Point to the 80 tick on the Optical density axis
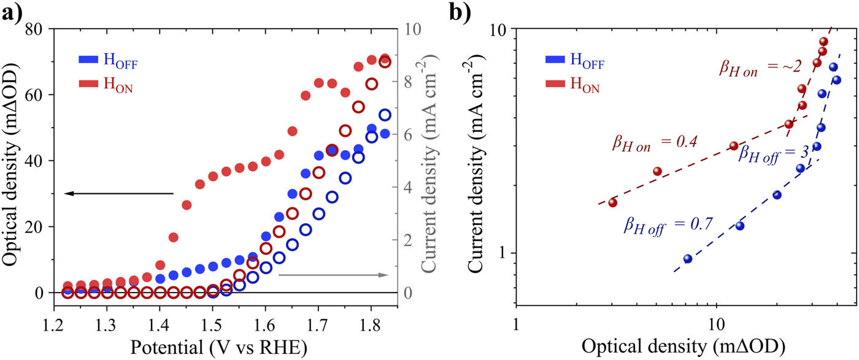coord(35,29)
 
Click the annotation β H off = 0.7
coord(668,224)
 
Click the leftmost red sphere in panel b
coord(612,202)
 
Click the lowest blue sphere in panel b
coord(688,259)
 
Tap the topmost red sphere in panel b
coord(823,42)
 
